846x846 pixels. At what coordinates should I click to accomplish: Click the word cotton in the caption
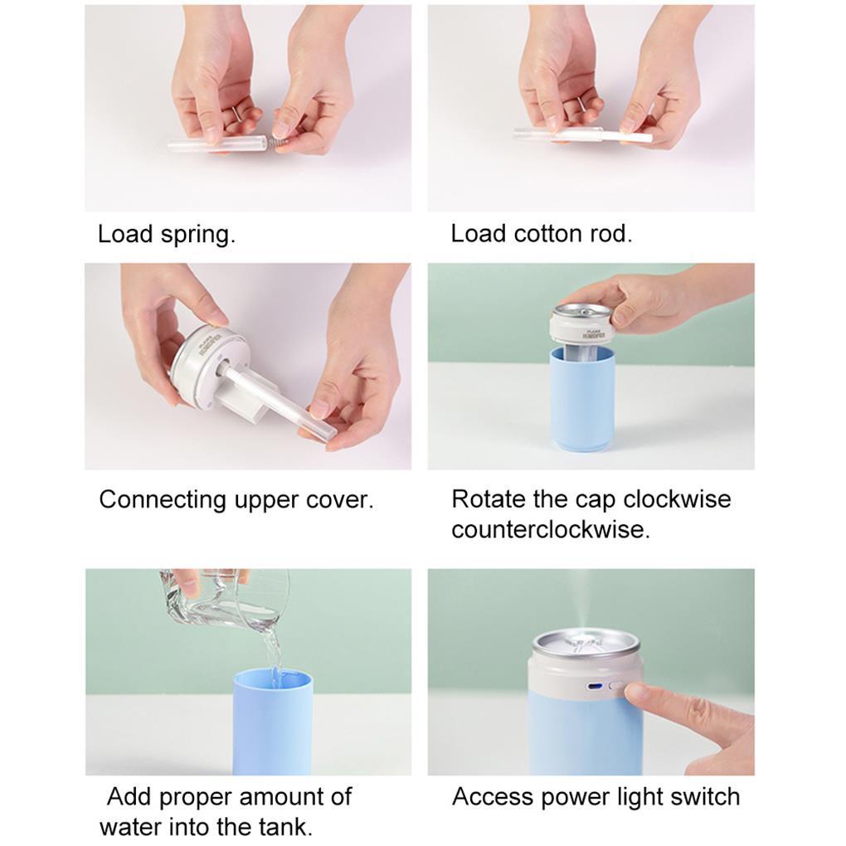pyautogui.click(x=551, y=234)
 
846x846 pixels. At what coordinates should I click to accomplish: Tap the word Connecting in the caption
pyautogui.click(x=163, y=500)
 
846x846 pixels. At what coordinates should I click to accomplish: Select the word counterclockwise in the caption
pyautogui.click(x=551, y=529)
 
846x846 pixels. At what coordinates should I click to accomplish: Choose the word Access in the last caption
pyautogui.click(x=492, y=797)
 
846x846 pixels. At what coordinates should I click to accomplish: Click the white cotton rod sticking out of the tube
pyautogui.click(x=629, y=136)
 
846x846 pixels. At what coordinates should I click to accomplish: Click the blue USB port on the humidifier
pyautogui.click(x=595, y=688)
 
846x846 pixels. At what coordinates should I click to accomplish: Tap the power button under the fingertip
pyautogui.click(x=615, y=688)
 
